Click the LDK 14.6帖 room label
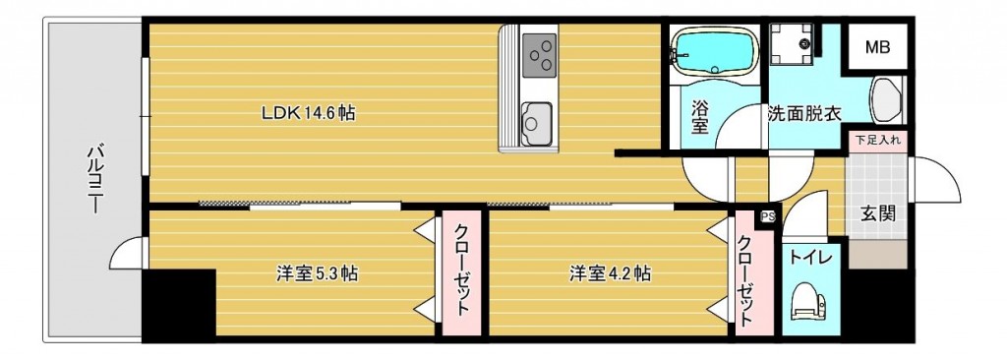[x=308, y=113]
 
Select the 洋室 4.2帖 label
[x=610, y=273]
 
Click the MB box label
[x=877, y=46]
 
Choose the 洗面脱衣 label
[x=804, y=113]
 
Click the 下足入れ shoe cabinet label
[x=878, y=140]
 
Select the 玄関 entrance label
[x=878, y=213]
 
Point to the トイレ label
[x=811, y=258]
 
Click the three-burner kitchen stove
[x=539, y=54]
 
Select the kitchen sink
[x=538, y=121]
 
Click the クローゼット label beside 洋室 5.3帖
[x=460, y=269]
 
